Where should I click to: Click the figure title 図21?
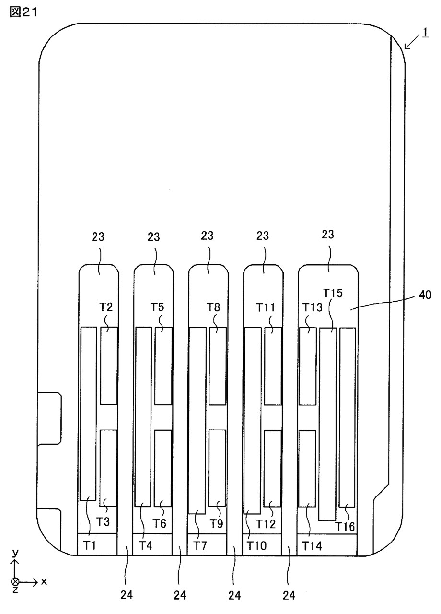pyautogui.click(x=23, y=12)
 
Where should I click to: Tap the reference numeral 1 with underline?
pyautogui.click(x=425, y=33)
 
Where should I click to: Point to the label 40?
pyautogui.click(x=425, y=295)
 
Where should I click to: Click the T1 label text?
pyautogui.click(x=90, y=545)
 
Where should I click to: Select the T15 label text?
pyautogui.click(x=333, y=293)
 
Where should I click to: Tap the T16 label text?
pyautogui.click(x=345, y=527)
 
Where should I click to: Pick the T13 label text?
pyautogui.click(x=312, y=307)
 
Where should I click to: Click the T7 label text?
pyautogui.click(x=200, y=546)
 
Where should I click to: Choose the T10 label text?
pyautogui.click(x=256, y=546)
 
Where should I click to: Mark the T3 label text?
pyautogui.click(x=103, y=521)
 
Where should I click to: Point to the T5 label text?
pyautogui.click(x=157, y=307)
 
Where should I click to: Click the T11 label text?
pyautogui.click(x=266, y=307)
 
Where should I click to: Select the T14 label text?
pyautogui.click(x=312, y=546)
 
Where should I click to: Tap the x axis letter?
pyautogui.click(x=44, y=581)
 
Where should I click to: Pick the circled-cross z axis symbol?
pyautogui.click(x=15, y=581)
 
